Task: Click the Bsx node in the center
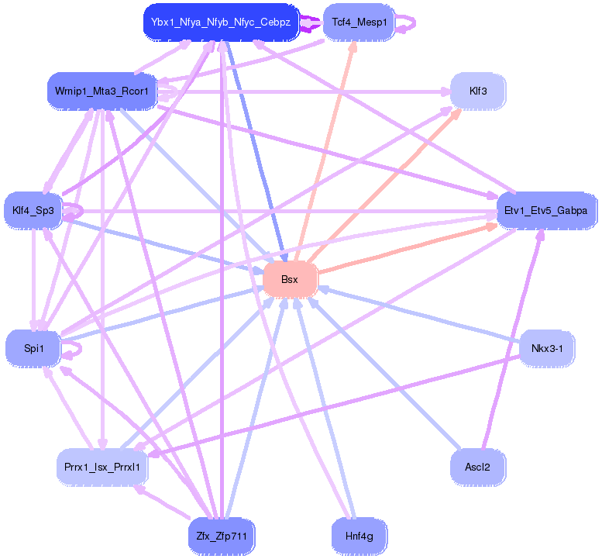pyautogui.click(x=291, y=279)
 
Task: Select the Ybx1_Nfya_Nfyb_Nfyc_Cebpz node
pyautogui.click(x=221, y=22)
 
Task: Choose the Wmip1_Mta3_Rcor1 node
pyautogui.click(x=102, y=91)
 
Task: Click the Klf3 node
pyautogui.click(x=478, y=91)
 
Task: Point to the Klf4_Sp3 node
pyautogui.click(x=33, y=210)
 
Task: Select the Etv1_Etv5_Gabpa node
pyautogui.click(x=545, y=210)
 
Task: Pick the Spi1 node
pyautogui.click(x=33, y=348)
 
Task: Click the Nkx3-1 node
pyautogui.click(x=546, y=348)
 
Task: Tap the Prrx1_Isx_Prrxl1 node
pyautogui.click(x=102, y=468)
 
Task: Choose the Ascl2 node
pyautogui.click(x=477, y=468)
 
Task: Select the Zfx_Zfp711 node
pyautogui.click(x=222, y=536)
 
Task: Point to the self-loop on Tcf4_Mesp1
pyautogui.click(x=412, y=23)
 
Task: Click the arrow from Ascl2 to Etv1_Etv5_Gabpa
pyautogui.click(x=511, y=341)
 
